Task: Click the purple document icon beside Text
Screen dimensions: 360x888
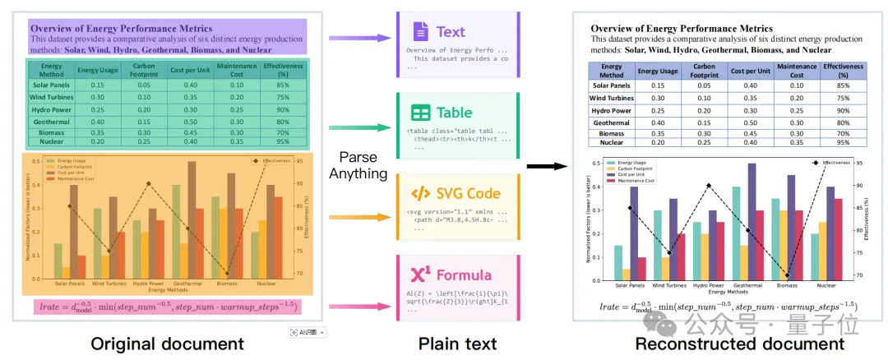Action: pyautogui.click(x=420, y=32)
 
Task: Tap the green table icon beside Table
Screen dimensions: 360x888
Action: pyautogui.click(x=420, y=113)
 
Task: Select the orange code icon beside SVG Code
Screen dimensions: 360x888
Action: pyautogui.click(x=420, y=194)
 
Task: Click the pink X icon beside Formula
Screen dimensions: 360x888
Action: pyautogui.click(x=420, y=275)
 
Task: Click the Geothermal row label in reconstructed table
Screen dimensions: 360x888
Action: pyautogui.click(x=611, y=122)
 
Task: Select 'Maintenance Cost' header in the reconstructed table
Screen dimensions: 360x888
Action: pyautogui.click(x=796, y=70)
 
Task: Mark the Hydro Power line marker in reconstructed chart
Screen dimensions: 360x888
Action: pyautogui.click(x=709, y=186)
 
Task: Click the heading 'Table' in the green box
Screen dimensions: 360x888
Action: pyautogui.click(x=455, y=113)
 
